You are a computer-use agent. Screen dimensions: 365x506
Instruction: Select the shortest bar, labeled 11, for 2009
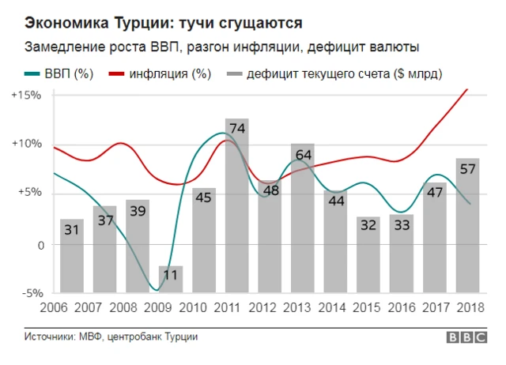pos(171,279)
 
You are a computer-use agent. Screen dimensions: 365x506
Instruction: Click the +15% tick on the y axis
pos(26,95)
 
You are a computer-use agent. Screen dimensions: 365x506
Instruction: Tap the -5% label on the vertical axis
pos(29,292)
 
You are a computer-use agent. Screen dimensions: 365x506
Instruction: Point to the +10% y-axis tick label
pos(26,144)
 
